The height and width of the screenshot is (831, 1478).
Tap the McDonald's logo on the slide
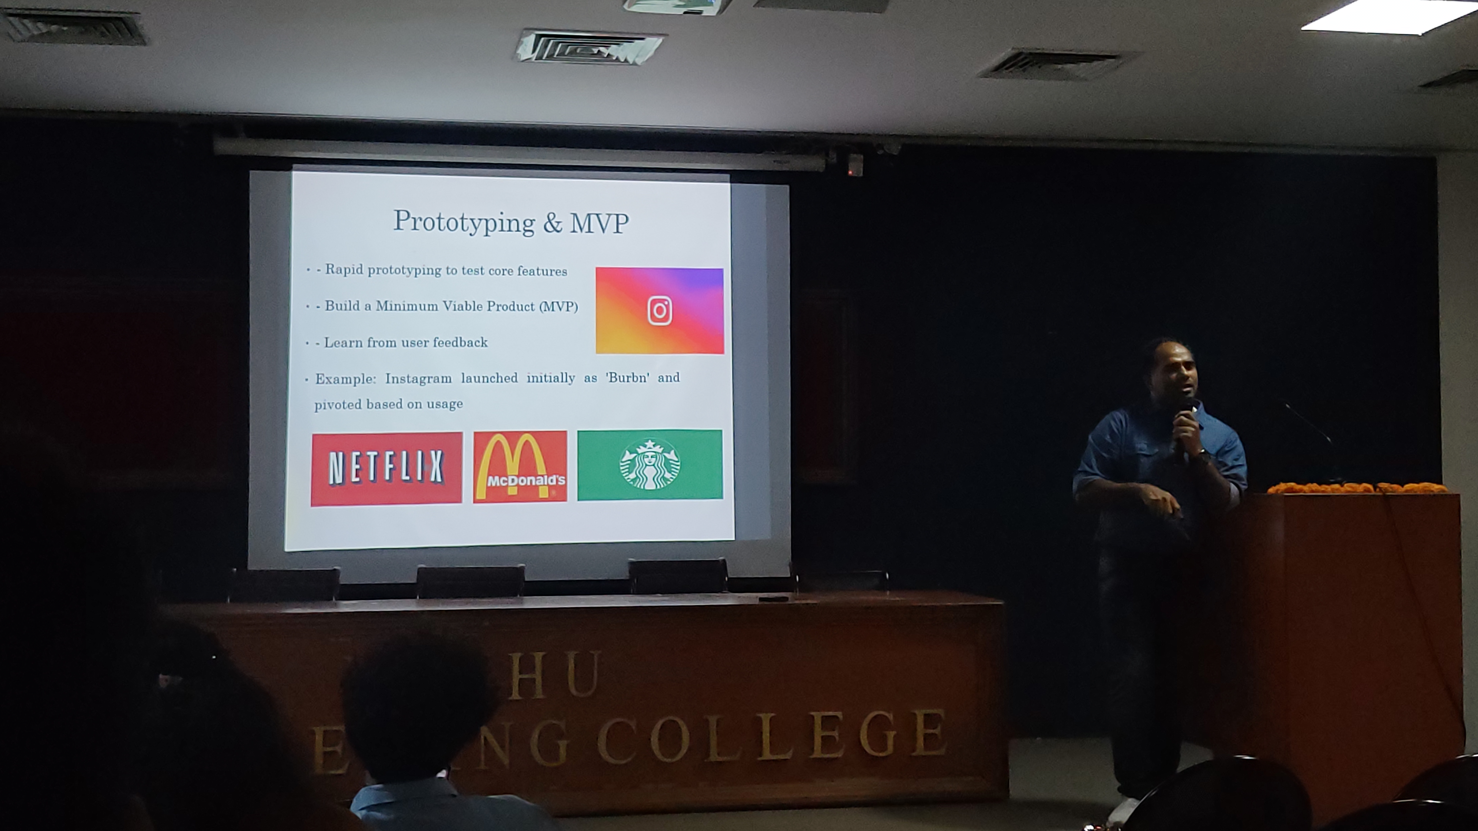[x=520, y=467]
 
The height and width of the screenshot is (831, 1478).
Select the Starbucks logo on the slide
[x=649, y=464]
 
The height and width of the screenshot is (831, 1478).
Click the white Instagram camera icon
[x=660, y=311]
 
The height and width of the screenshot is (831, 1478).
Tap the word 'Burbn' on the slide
[x=628, y=378]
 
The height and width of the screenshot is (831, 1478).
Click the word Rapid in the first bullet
[x=344, y=270]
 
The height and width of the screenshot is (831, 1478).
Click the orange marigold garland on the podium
[x=1356, y=488]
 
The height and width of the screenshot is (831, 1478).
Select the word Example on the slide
[x=345, y=379]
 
